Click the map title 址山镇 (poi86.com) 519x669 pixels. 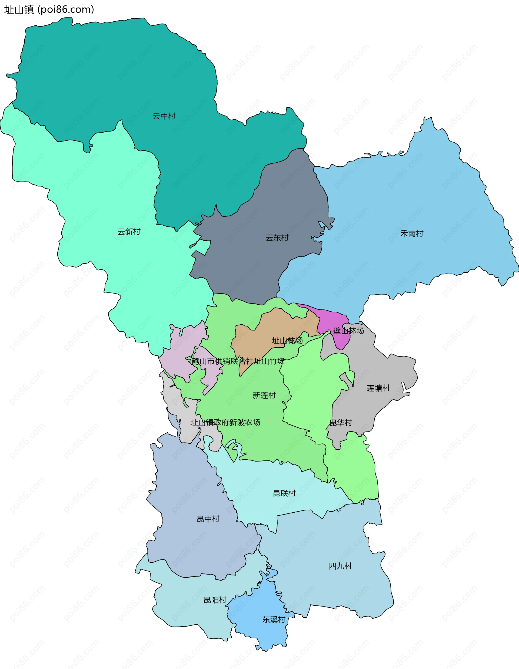[x=49, y=10]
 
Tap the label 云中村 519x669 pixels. [x=164, y=116]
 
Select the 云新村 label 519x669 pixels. [x=129, y=232]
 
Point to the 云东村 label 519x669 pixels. [x=277, y=238]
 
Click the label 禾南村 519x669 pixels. [x=412, y=234]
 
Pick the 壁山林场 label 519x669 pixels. [x=348, y=331]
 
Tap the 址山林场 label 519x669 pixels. [x=287, y=341]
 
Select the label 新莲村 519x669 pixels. [x=264, y=396]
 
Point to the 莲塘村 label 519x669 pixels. [x=378, y=388]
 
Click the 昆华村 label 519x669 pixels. [x=341, y=423]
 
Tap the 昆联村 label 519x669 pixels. [x=284, y=493]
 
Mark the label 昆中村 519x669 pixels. [x=208, y=519]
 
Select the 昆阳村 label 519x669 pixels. [x=215, y=600]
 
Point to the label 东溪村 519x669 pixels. [x=274, y=620]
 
